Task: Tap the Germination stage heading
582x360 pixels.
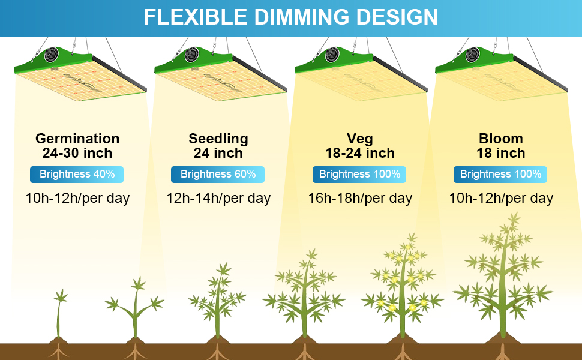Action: (77, 139)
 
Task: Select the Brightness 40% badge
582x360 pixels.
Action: (77, 175)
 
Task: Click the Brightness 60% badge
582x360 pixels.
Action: (218, 175)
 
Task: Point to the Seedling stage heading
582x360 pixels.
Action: (218, 139)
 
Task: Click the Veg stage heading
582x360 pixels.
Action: (359, 139)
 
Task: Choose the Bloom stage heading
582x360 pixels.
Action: (501, 139)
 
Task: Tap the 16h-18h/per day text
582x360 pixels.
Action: (360, 198)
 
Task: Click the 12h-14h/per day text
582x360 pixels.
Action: (218, 198)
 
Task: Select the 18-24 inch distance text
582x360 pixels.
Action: (360, 153)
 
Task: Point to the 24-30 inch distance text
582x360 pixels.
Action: (77, 153)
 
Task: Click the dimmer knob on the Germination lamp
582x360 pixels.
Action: (51, 55)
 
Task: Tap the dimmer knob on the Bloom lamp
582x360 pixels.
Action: (473, 55)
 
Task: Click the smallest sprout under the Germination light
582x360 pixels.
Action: (59, 316)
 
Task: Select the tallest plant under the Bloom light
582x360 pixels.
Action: (503, 277)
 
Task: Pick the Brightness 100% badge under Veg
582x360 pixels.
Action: (359, 175)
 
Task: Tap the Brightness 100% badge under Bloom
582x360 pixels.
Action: (500, 175)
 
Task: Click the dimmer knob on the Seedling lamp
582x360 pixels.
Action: (191, 55)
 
